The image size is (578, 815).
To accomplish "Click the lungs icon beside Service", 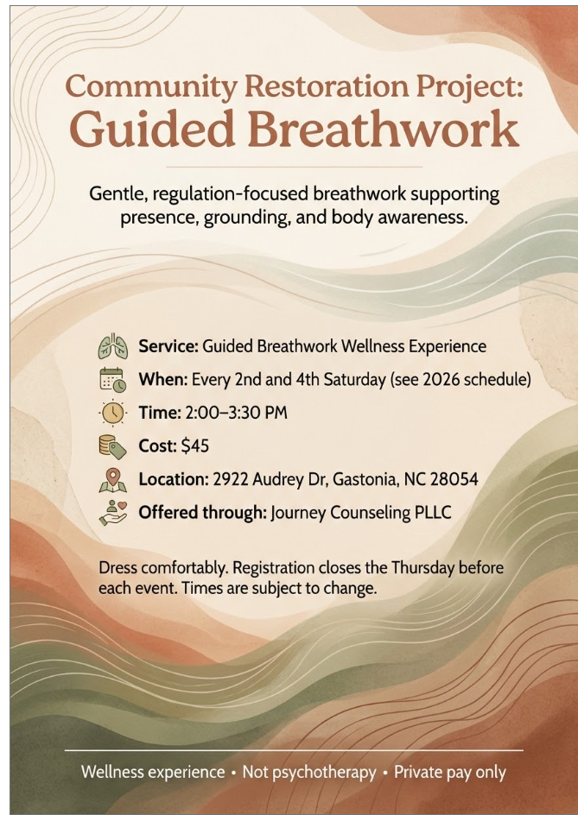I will tap(112, 347).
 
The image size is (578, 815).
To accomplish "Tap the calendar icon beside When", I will tap(112, 380).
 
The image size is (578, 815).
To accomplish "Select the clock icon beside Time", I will tap(112, 413).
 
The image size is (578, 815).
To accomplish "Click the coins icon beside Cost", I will tap(112, 446).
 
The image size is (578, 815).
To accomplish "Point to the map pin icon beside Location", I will tap(112, 479).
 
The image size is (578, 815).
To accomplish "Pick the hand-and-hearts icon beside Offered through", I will tap(112, 512).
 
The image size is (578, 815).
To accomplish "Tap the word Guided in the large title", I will tap(150, 130).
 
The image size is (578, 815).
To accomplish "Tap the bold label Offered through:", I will tap(202, 512).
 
